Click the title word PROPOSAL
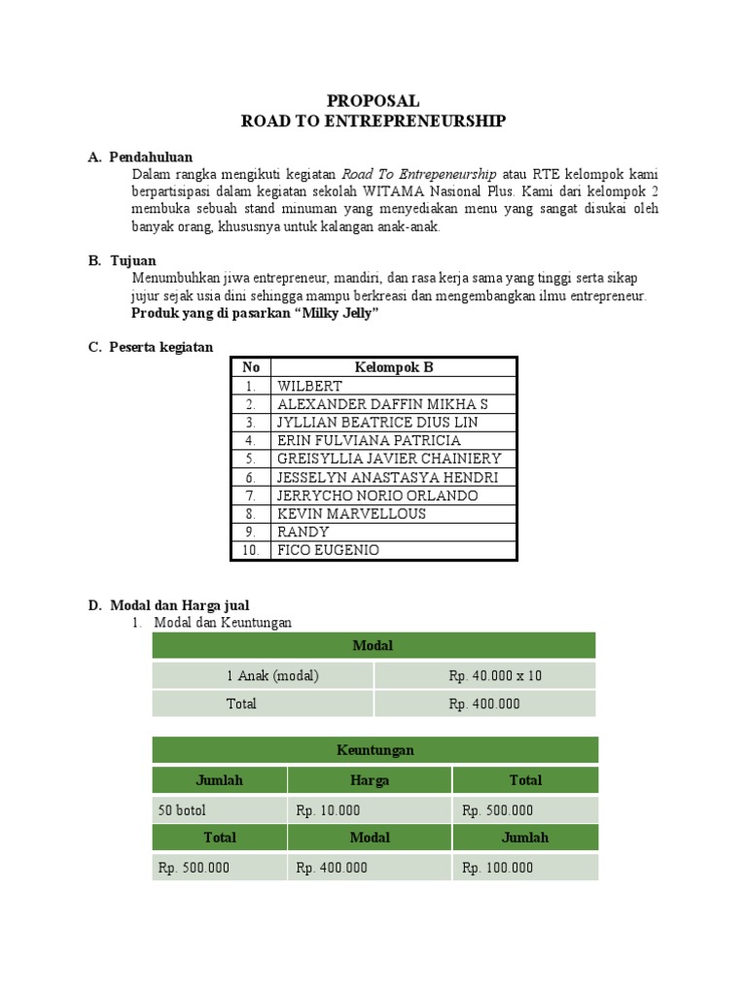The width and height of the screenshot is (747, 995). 373,100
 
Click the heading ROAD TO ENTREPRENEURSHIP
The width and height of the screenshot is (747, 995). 373,120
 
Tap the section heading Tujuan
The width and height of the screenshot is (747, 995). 132,260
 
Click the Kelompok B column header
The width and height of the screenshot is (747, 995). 394,367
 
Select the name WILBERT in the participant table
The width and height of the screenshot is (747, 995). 309,386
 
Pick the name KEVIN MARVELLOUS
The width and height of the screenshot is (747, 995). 351,514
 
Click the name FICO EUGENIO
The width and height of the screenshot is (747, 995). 328,550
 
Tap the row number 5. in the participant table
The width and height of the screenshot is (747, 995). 251,459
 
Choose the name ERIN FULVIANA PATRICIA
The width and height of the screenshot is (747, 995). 369,440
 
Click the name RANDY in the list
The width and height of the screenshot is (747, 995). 302,532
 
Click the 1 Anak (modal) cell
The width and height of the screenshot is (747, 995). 263,675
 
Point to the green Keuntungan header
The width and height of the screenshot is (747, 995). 374,750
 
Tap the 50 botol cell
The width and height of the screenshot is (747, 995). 182,810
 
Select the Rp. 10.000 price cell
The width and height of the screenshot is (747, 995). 328,810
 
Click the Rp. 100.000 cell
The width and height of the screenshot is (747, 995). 497,868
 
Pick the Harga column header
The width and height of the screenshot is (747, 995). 369,780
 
